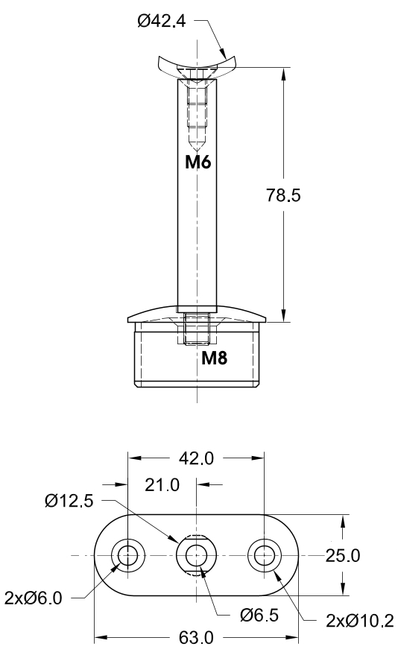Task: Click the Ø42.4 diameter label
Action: click(161, 22)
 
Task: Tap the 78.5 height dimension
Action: click(283, 195)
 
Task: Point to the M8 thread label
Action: click(215, 358)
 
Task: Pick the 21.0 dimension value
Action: click(162, 485)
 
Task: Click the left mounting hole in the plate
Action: click(127, 555)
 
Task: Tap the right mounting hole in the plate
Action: click(265, 555)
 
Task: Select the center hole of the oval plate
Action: click(196, 555)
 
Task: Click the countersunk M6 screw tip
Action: click(197, 141)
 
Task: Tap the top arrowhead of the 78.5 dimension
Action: click(284, 73)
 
